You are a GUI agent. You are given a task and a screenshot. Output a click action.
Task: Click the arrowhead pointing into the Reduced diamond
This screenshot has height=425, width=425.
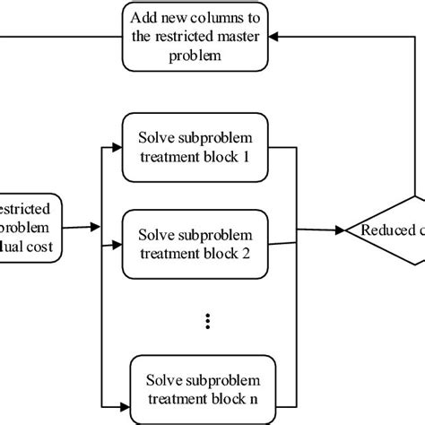point(343,230)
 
